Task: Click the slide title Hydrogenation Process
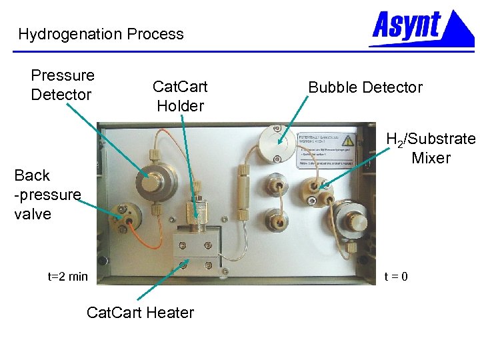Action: (101, 34)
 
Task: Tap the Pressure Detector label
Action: (63, 85)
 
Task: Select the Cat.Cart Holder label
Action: (180, 96)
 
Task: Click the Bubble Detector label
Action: (365, 87)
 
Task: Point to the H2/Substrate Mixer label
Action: (431, 148)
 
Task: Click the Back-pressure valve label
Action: (47, 194)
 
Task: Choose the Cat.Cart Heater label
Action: (140, 312)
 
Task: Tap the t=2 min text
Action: (67, 276)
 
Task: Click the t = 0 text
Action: (396, 276)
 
